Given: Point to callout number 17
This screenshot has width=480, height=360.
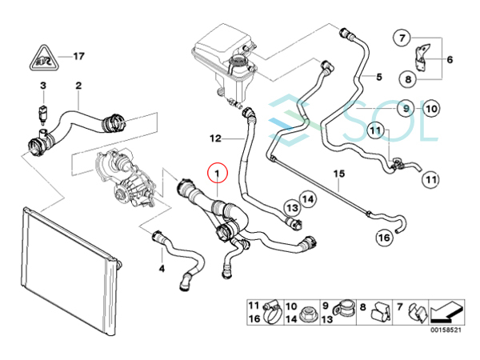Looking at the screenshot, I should click(x=78, y=57).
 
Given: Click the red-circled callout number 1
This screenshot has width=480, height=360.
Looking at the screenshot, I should click(x=216, y=170).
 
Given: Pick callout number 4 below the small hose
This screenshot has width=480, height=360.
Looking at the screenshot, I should click(x=162, y=269).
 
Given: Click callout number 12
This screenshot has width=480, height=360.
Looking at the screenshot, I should click(x=215, y=137).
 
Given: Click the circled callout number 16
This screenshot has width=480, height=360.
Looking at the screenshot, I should click(x=384, y=237).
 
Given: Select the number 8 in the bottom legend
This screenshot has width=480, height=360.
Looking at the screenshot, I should click(x=362, y=306).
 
